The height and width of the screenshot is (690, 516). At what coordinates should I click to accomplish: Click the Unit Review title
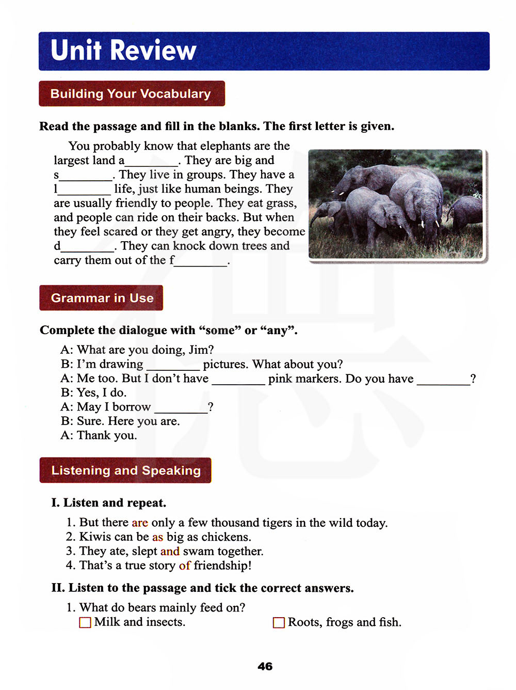pyautogui.click(x=123, y=51)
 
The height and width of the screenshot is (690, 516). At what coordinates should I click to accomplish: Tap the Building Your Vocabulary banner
pyautogui.click(x=131, y=93)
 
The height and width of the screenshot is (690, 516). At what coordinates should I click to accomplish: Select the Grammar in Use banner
pyautogui.click(x=102, y=298)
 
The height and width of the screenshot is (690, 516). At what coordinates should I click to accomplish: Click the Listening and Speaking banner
pyautogui.click(x=125, y=471)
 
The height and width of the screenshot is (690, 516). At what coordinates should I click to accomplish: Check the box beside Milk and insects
pyautogui.click(x=85, y=622)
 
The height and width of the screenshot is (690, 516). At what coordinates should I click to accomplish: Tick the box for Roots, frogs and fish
pyautogui.click(x=279, y=622)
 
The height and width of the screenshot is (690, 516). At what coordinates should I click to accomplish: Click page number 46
pyautogui.click(x=265, y=666)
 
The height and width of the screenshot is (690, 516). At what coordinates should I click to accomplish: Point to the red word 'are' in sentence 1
pyautogui.click(x=140, y=523)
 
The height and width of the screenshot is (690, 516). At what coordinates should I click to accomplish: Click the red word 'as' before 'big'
pyautogui.click(x=157, y=537)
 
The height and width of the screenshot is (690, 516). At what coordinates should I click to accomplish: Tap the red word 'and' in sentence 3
pyautogui.click(x=170, y=551)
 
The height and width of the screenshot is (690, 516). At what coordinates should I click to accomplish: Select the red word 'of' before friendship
pyautogui.click(x=184, y=566)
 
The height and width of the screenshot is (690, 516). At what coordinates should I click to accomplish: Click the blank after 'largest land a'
pyautogui.click(x=152, y=162)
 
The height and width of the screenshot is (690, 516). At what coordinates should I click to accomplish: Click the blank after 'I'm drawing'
pyautogui.click(x=173, y=366)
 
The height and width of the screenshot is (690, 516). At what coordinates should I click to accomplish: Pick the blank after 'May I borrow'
pyautogui.click(x=181, y=409)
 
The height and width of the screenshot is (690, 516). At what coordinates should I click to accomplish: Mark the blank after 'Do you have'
pyautogui.click(x=443, y=380)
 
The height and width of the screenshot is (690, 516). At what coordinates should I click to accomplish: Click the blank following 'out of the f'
pyautogui.click(x=201, y=262)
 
